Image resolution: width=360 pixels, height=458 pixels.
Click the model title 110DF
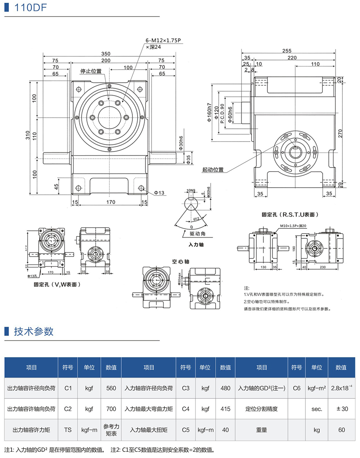[x=28, y=8]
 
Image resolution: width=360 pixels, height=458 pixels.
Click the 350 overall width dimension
[x=106, y=54]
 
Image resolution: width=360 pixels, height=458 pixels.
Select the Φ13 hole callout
[x=159, y=193]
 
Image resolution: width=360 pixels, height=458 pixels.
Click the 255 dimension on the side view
[x=287, y=51]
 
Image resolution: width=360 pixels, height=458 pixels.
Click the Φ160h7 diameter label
[x=209, y=114]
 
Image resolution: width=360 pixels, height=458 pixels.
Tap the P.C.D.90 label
[x=222, y=114]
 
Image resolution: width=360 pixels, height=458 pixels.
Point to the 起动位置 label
[x=213, y=170]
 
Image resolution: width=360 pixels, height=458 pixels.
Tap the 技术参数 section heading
[x=34, y=332]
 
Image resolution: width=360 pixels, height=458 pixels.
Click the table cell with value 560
[x=111, y=388]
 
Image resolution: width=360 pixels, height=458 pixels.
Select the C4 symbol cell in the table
[x=186, y=409]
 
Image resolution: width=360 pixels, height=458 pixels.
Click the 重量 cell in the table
[x=262, y=430]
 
